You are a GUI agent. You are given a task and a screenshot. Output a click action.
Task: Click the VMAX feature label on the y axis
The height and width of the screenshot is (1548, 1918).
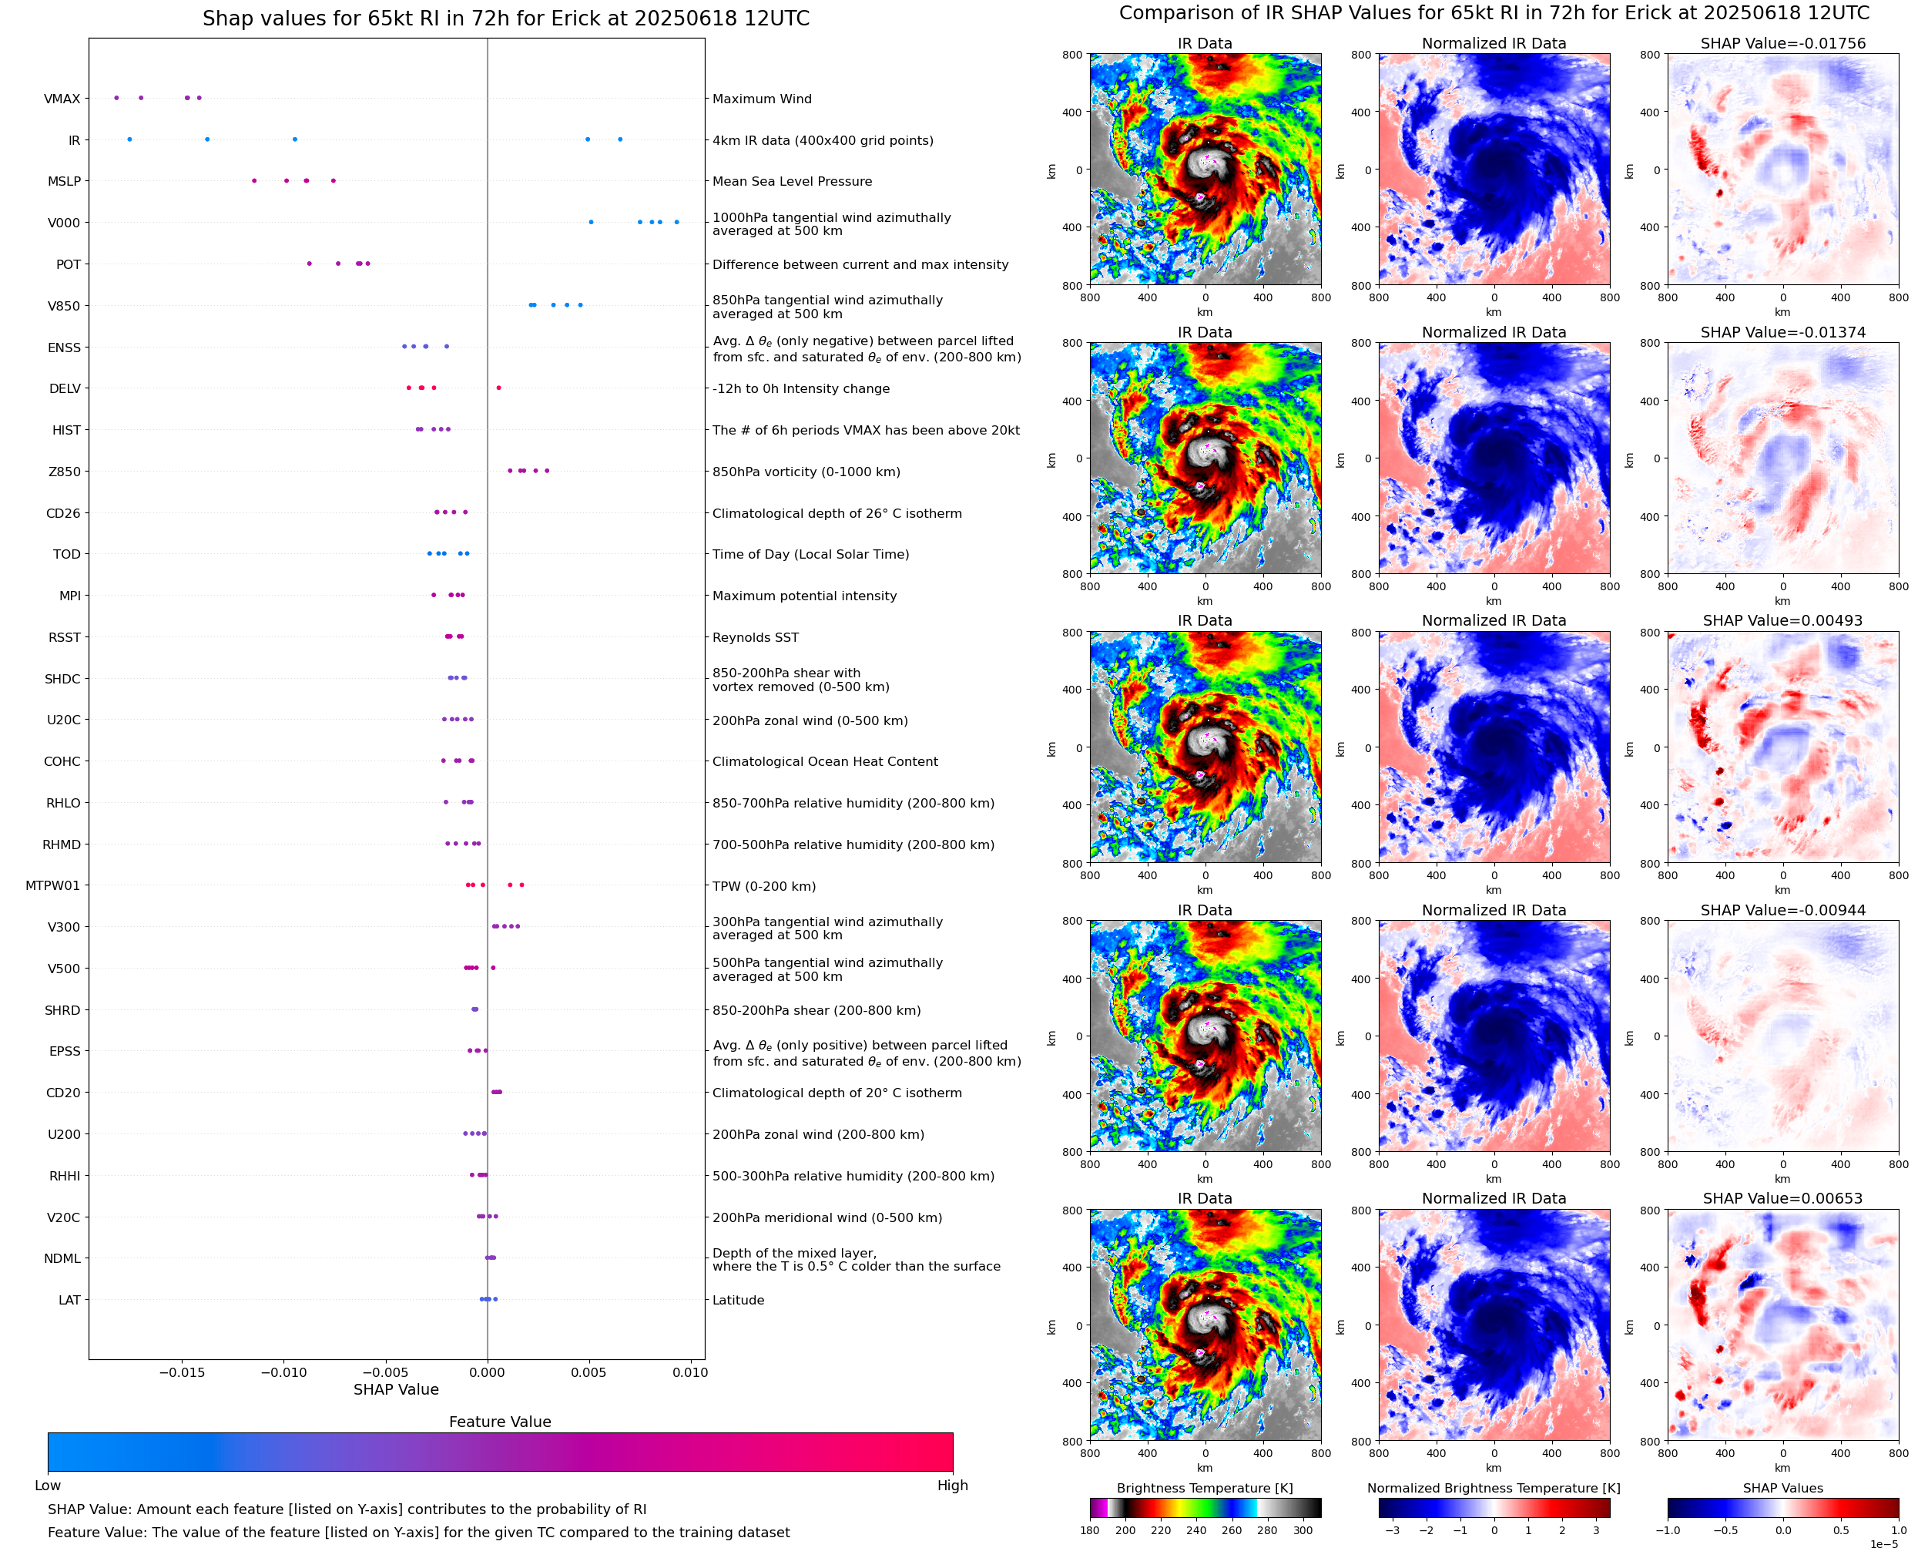[62, 99]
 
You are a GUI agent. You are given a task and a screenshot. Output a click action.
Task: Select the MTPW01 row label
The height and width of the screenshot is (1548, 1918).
[52, 885]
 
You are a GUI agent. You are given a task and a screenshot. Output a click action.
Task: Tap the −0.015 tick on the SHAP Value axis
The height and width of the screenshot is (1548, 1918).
[182, 1372]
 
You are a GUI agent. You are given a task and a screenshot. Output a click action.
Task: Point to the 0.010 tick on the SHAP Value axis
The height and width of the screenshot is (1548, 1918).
[690, 1372]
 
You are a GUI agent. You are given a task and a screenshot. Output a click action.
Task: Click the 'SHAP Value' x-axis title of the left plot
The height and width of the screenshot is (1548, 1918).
[396, 1389]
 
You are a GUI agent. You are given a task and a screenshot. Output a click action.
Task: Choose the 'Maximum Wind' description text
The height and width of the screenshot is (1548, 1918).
[762, 99]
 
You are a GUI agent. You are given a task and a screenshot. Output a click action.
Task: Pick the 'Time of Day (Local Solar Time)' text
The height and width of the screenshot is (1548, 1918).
[811, 555]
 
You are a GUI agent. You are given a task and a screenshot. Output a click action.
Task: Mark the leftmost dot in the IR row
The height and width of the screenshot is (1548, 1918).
[129, 139]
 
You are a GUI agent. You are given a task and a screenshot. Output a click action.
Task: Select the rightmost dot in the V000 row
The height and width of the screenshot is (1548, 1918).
[676, 222]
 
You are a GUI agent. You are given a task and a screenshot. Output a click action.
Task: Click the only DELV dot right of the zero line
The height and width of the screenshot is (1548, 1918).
[498, 388]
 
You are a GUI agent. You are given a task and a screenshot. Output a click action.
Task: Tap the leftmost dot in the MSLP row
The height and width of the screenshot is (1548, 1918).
[254, 181]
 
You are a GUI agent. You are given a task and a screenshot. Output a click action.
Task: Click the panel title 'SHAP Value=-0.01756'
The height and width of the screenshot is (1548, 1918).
[1782, 44]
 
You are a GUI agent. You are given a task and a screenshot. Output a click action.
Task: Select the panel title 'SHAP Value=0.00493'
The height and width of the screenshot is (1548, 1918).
[1782, 620]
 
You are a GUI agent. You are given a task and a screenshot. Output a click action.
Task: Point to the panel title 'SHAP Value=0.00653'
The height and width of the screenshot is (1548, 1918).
[1782, 1198]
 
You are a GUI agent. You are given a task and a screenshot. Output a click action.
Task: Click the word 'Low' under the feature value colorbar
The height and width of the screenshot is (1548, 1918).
[47, 1486]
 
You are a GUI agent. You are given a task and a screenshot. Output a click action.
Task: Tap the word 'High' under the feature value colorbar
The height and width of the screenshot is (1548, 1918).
[952, 1486]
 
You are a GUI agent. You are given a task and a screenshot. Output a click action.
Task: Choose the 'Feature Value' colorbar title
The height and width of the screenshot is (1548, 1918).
[500, 1422]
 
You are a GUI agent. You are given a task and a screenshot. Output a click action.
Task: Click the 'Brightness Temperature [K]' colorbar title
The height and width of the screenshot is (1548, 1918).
[1204, 1488]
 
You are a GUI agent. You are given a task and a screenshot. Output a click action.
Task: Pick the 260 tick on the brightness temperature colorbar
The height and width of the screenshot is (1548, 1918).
[1232, 1530]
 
